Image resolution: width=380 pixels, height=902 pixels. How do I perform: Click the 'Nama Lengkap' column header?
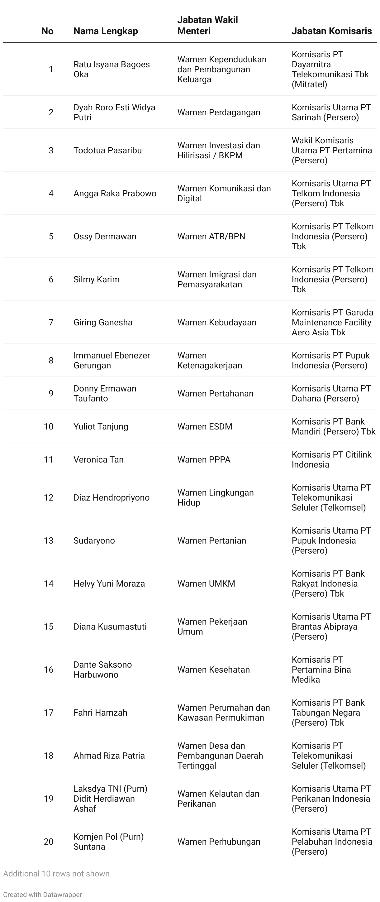point(105,31)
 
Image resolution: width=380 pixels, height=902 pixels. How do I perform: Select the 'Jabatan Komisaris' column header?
point(331,31)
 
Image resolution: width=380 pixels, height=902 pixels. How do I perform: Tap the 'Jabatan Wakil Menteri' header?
point(207,26)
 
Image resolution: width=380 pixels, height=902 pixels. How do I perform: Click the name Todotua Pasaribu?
point(107,151)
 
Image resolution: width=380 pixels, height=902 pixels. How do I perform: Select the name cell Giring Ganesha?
point(103,323)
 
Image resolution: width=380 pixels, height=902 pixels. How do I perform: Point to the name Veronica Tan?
point(98,460)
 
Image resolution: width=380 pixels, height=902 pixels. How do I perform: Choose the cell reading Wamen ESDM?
point(205,427)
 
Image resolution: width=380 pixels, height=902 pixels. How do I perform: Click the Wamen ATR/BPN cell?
point(211,237)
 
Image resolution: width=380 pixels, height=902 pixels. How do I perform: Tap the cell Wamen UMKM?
point(206,584)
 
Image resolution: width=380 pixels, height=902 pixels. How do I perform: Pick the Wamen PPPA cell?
point(204,460)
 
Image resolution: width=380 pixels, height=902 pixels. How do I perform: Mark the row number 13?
point(49,541)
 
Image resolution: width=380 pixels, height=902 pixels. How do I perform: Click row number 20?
point(49,842)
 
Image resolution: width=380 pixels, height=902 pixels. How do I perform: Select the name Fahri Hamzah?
point(100,712)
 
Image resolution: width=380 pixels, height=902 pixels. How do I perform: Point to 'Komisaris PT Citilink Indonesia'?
point(331,460)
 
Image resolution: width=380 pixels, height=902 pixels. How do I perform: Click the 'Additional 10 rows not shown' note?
point(57,874)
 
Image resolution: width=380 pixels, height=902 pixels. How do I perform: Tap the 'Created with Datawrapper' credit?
point(42,895)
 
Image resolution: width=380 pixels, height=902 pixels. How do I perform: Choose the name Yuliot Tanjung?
point(101,427)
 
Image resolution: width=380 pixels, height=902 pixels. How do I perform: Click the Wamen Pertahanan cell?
point(215,394)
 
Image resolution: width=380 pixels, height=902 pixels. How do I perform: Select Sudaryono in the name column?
point(94,541)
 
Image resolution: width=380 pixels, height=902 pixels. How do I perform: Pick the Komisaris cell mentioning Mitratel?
point(330,69)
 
